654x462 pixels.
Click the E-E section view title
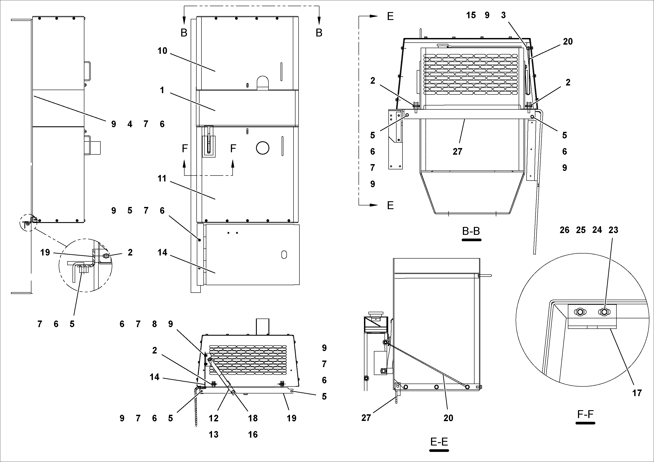point(439,442)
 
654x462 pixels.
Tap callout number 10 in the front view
point(162,51)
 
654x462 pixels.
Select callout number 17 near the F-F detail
point(637,393)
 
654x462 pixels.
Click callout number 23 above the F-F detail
point(613,230)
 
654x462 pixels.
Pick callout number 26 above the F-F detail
point(564,230)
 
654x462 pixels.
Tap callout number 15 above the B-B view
point(471,15)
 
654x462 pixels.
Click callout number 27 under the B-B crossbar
point(457,152)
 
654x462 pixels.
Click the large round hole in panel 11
point(262,148)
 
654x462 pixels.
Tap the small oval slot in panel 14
point(284,255)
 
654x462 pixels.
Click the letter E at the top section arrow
point(390,16)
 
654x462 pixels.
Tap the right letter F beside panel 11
point(233,149)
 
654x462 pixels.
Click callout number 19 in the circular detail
point(45,252)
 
